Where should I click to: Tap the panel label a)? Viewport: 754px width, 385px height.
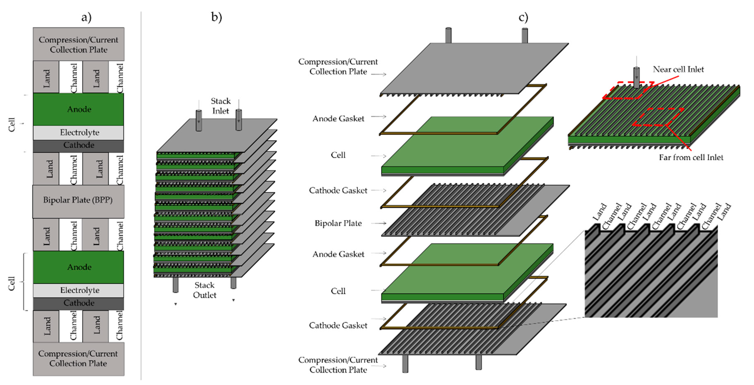coord(86,17)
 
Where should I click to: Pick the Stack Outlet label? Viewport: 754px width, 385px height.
coord(205,290)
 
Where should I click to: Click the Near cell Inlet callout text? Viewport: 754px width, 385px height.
coord(678,69)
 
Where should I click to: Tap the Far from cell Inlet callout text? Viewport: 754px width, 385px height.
coord(691,157)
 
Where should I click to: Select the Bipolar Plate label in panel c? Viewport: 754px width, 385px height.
coord(338,223)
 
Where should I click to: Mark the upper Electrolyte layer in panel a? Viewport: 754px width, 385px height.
coord(78,133)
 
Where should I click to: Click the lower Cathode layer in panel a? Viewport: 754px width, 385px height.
coord(78,304)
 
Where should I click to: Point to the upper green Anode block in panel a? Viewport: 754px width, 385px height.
coord(78,109)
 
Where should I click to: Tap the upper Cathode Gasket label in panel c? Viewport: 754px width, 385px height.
coord(338,191)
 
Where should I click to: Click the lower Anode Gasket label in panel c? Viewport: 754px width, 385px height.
coord(338,254)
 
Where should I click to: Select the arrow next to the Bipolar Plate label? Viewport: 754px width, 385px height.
coord(379,223)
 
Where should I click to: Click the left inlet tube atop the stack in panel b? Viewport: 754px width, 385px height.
coord(199,120)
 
